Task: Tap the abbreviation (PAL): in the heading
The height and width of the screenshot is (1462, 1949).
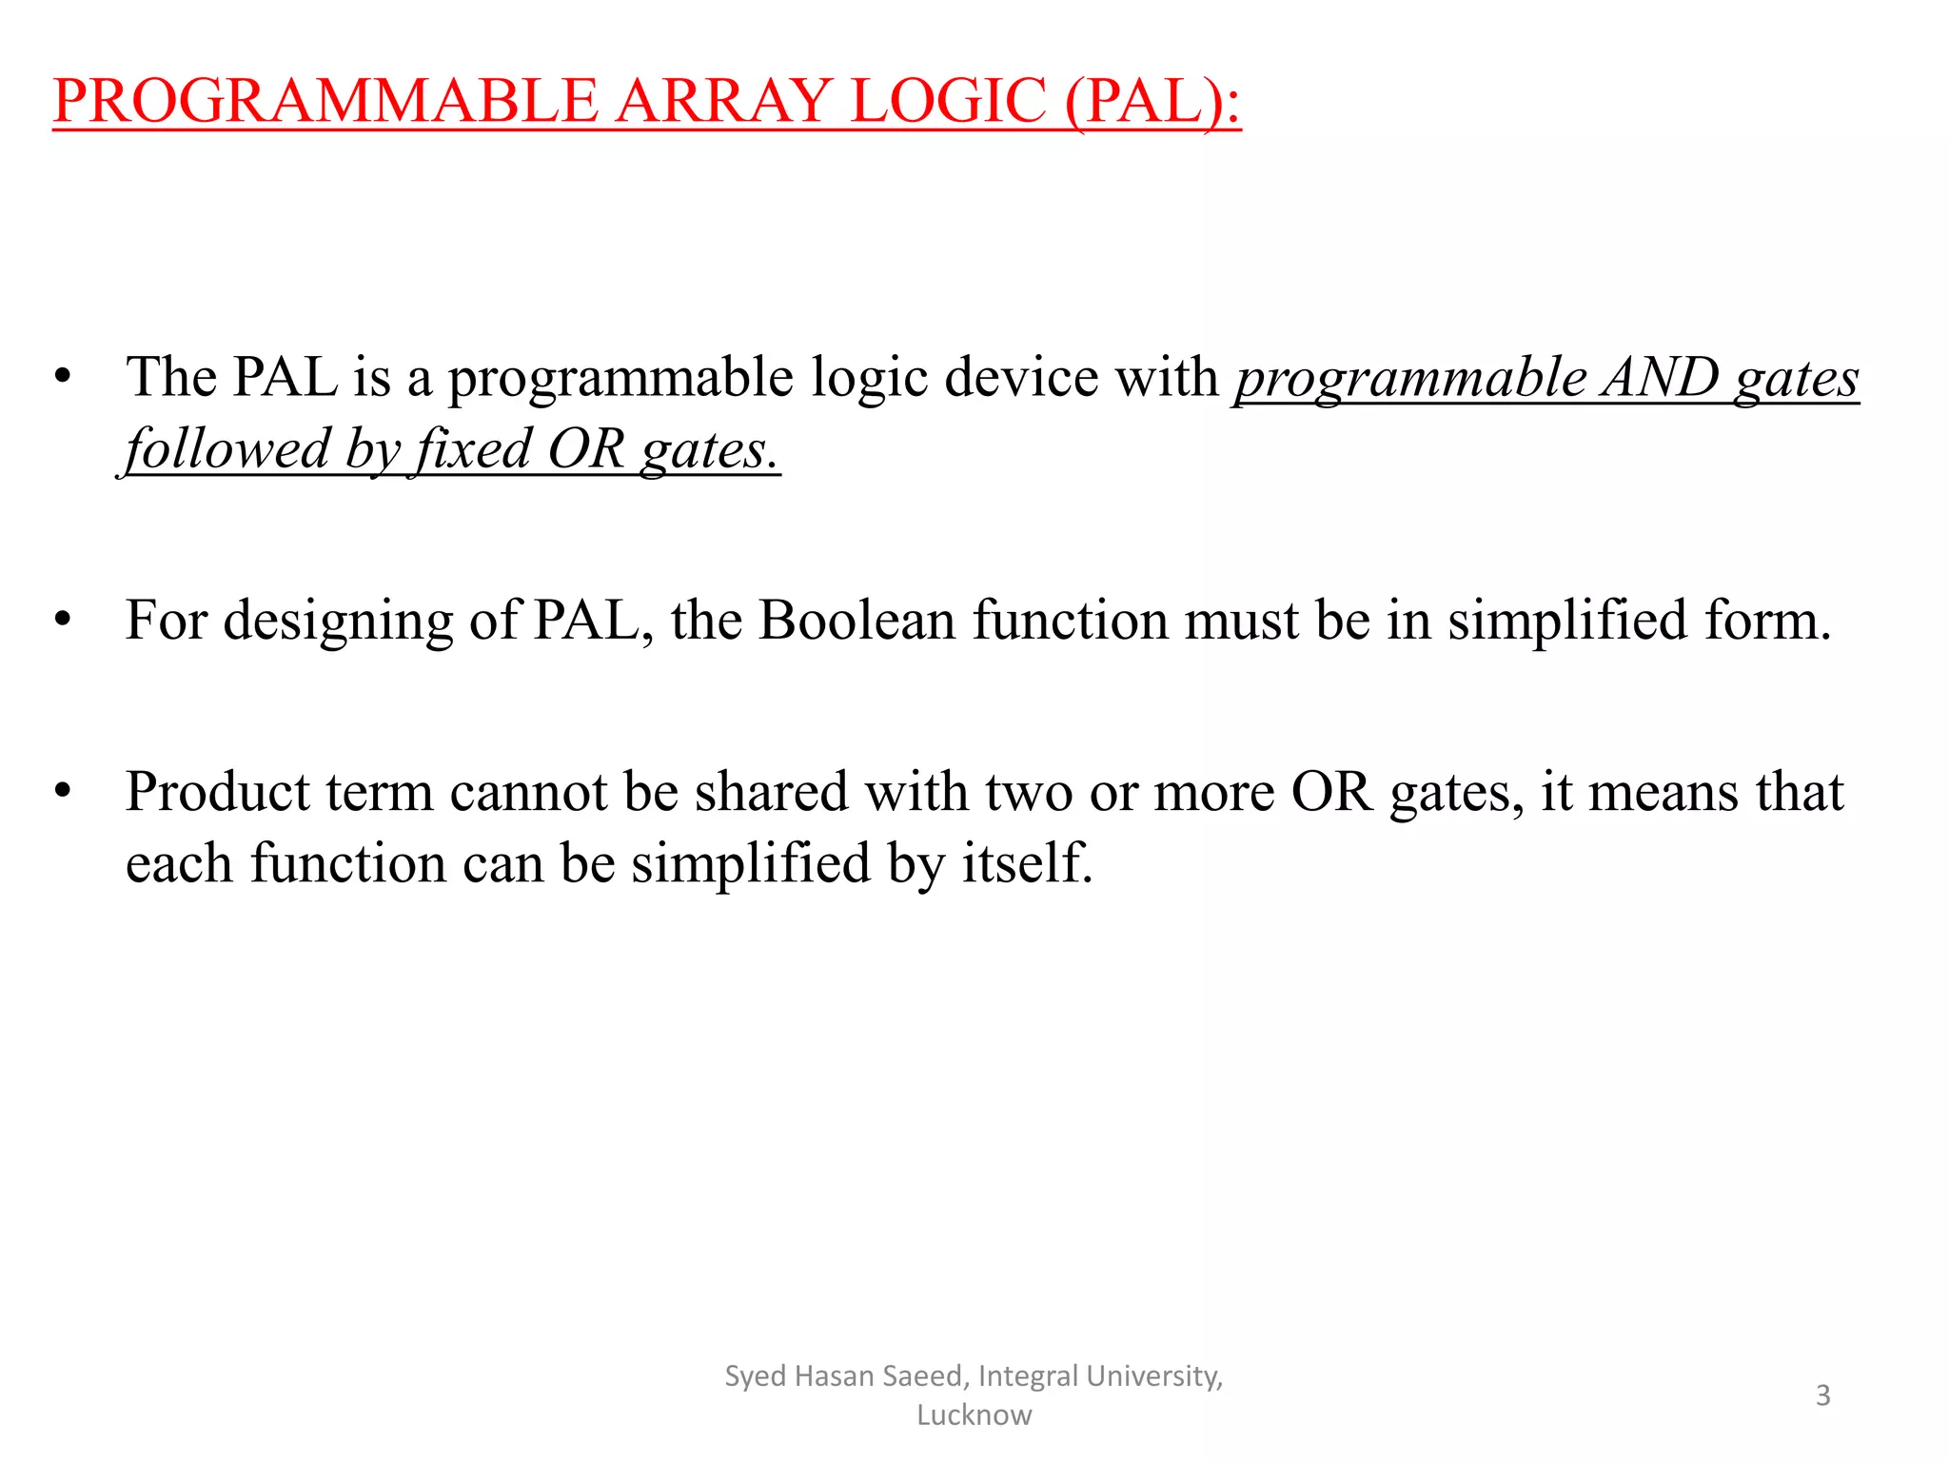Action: (x=1152, y=101)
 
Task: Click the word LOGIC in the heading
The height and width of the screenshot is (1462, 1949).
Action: (x=948, y=101)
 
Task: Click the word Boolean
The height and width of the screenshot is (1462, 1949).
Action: (x=856, y=621)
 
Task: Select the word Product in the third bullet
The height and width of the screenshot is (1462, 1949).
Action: (x=218, y=792)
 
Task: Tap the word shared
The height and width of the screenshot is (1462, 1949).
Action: (x=771, y=792)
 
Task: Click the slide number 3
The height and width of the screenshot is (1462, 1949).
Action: (x=1822, y=1395)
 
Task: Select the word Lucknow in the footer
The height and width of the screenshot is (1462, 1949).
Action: (x=974, y=1415)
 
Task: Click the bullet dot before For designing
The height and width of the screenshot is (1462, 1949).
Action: (x=63, y=621)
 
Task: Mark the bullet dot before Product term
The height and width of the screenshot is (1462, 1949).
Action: (x=63, y=792)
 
